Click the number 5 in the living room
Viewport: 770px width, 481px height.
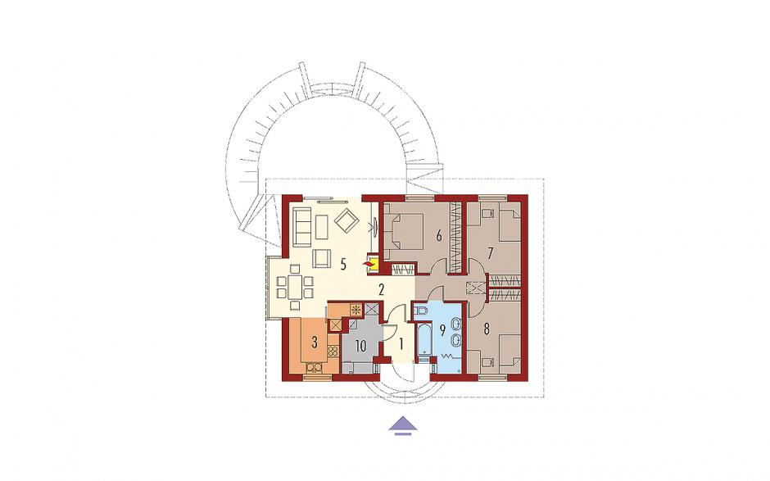point(343,265)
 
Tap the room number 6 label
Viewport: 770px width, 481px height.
point(439,236)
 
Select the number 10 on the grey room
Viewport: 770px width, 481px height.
point(360,346)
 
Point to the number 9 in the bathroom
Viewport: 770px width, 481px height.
point(442,330)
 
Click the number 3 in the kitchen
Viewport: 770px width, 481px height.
point(315,342)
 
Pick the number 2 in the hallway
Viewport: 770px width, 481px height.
point(381,289)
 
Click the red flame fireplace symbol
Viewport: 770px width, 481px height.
point(368,265)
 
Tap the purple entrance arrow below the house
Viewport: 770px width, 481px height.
point(403,425)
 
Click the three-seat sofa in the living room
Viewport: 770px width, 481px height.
point(301,226)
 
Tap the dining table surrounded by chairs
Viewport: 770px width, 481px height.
point(295,287)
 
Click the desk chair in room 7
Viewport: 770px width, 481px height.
point(487,214)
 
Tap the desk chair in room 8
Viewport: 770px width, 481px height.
point(487,362)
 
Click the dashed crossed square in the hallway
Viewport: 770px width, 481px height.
point(474,287)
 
